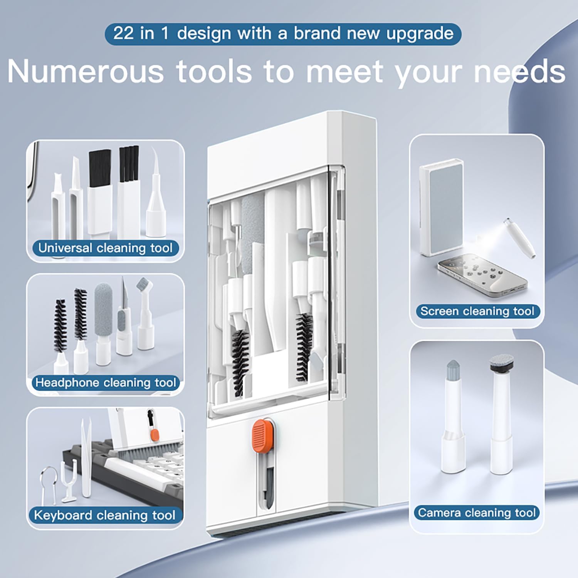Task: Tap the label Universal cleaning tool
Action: pos(106,248)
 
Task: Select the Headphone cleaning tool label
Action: pos(106,383)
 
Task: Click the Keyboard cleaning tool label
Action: pos(104,515)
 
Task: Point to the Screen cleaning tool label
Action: pos(477,311)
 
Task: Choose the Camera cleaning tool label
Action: pos(477,512)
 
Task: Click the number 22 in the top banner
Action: pos(123,34)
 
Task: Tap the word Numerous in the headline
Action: pos(86,72)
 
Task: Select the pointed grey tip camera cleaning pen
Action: pos(453,416)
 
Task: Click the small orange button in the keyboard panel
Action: pos(155,435)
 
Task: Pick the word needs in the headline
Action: pos(520,72)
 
